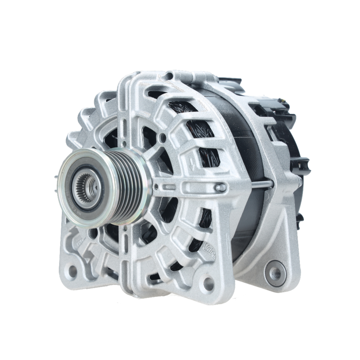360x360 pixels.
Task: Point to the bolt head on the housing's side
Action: pos(220,188)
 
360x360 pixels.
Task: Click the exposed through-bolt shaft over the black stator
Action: pos(261,185)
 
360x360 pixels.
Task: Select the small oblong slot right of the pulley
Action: pos(169,187)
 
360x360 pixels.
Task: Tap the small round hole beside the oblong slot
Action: pos(156,187)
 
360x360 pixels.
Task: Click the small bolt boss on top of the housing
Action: pos(169,76)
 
